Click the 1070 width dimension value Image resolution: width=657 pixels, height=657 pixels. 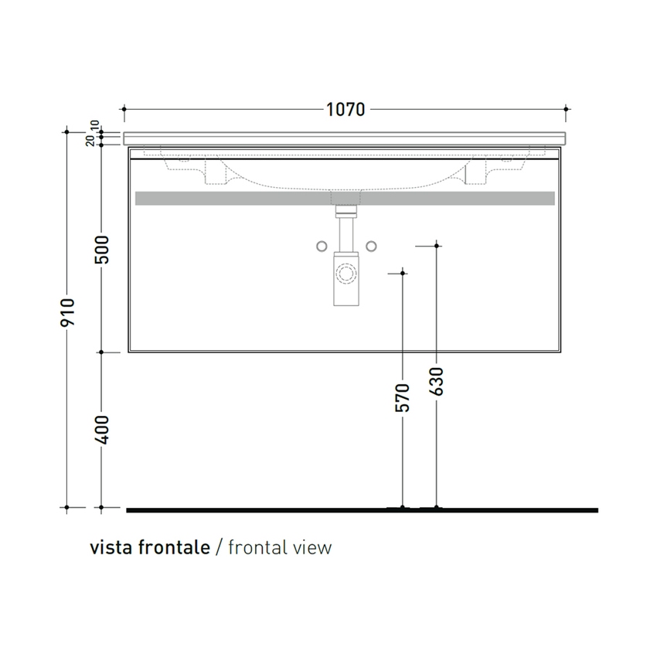(x=345, y=109)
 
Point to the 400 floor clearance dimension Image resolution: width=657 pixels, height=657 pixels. (x=102, y=429)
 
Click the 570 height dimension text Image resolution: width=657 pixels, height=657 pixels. (x=402, y=397)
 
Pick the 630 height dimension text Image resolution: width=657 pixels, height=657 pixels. (x=437, y=381)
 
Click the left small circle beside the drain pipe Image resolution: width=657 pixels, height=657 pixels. (x=322, y=246)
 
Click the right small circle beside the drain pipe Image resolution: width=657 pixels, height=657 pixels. (x=371, y=246)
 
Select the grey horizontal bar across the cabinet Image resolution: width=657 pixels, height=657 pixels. (x=345, y=199)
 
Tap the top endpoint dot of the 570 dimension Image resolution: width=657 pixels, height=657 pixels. (x=403, y=273)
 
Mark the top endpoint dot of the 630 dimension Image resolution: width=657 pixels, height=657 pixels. (x=437, y=246)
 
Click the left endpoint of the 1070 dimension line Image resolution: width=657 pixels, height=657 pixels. (x=124, y=109)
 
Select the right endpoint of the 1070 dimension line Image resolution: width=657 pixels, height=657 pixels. (x=567, y=109)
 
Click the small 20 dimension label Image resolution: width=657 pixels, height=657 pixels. (x=90, y=141)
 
